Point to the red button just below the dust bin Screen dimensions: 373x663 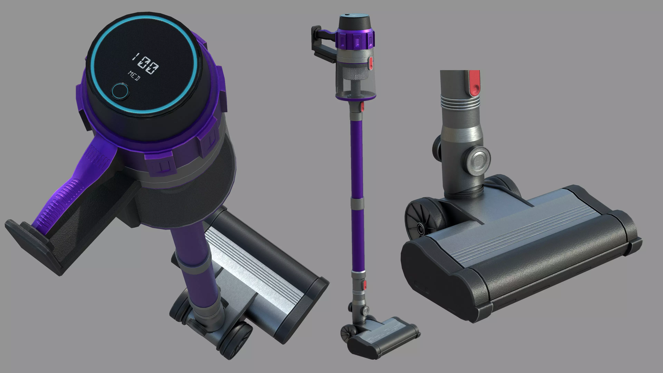point(362,107)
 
